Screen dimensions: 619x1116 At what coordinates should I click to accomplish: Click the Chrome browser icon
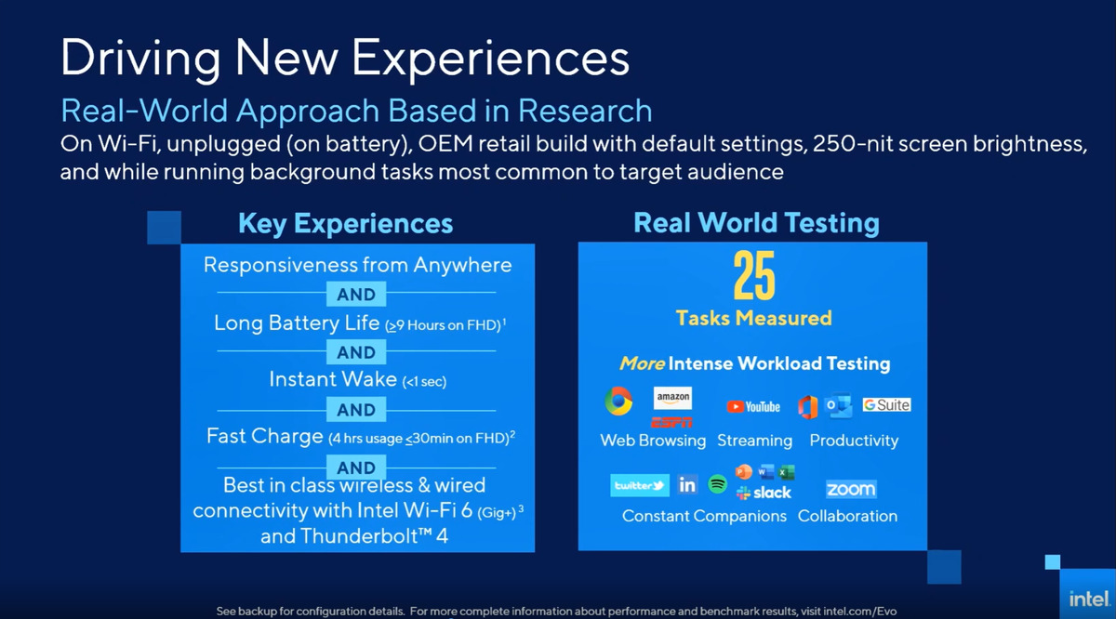(618, 402)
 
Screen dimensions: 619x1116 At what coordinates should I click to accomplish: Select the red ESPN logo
(672, 421)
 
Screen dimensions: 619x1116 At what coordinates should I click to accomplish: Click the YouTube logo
(753, 406)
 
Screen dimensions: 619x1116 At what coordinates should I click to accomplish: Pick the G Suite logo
(886, 405)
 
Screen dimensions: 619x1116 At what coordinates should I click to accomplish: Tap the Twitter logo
(640, 485)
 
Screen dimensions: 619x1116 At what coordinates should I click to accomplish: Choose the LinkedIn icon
(687, 485)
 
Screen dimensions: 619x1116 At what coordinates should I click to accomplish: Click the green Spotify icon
(717, 484)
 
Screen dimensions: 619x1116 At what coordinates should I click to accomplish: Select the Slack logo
(764, 493)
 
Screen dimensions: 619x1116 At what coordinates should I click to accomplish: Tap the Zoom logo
(851, 489)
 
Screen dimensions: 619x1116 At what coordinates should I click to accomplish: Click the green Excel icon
(787, 472)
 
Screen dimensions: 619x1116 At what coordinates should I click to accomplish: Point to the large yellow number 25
(753, 277)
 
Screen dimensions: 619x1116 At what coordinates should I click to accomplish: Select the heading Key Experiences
(346, 224)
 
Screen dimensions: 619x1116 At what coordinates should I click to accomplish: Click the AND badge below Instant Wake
(356, 410)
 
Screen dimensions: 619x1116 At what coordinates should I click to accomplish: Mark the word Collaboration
(847, 516)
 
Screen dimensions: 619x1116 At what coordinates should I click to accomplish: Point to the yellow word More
(643, 363)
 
